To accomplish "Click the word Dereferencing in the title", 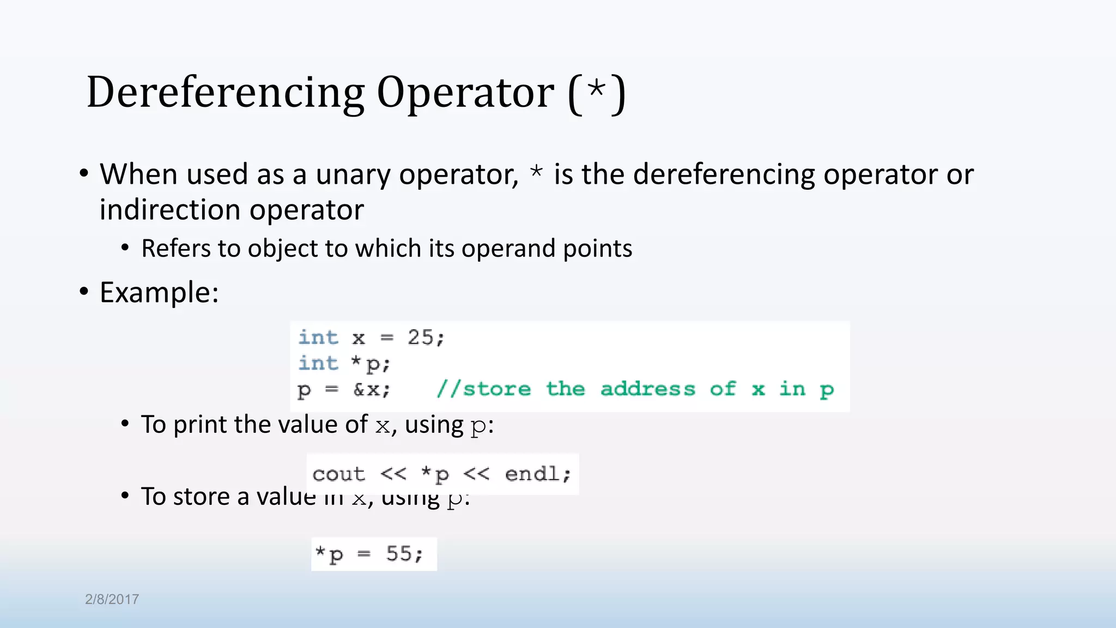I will (x=225, y=93).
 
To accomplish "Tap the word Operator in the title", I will (x=465, y=93).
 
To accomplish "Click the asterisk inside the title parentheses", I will (x=597, y=89).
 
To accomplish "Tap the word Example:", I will (x=159, y=293).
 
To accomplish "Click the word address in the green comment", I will (x=647, y=389).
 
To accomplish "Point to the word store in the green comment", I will (x=496, y=389).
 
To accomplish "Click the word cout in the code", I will (x=338, y=474).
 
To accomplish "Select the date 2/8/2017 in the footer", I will (x=112, y=599).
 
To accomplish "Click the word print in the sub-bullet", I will (x=200, y=425).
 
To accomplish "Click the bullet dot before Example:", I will (x=83, y=292).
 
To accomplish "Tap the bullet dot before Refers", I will (x=125, y=249).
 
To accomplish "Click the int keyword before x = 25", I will (x=318, y=337).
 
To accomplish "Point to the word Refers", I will (x=175, y=249).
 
